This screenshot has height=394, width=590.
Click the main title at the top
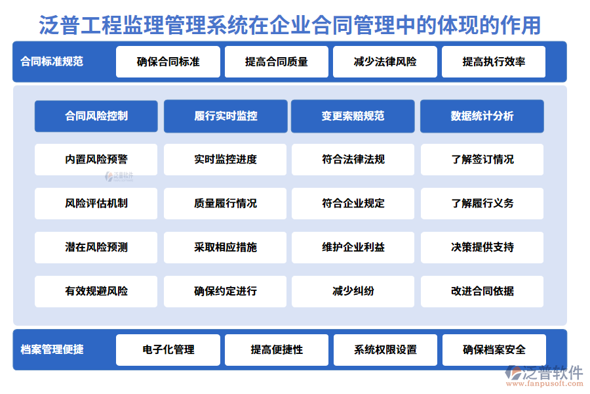pos(290,25)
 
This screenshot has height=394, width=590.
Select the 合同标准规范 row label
pos(52,62)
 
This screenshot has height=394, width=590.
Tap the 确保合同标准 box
pos(168,62)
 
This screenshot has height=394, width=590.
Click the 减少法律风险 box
pos(385,62)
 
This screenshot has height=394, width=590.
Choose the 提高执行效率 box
pos(494,62)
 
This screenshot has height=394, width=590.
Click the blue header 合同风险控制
pos(96,116)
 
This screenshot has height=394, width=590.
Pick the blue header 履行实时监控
pos(226,116)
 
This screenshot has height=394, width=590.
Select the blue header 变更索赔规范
pos(353,116)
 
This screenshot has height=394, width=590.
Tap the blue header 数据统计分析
pos(482,116)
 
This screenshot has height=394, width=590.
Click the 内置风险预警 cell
pos(96,160)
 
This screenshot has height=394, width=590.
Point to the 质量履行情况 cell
pos(225,204)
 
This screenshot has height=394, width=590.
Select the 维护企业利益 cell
pos(353,248)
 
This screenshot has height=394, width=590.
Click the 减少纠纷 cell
pos(353,292)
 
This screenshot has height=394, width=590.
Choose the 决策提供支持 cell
pos(482,248)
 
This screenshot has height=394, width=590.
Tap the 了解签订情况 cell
pos(482,160)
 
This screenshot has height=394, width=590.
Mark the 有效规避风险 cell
pos(96,292)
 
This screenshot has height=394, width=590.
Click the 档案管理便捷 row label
pos(52,349)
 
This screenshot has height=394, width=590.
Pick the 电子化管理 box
pos(168,350)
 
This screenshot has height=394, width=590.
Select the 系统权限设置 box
pos(385,350)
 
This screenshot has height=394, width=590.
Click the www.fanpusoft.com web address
pos(545,383)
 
